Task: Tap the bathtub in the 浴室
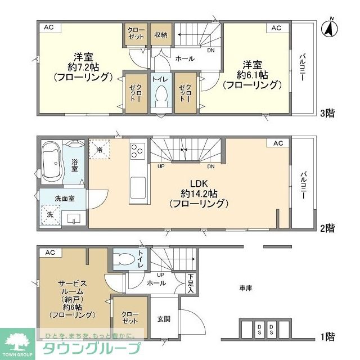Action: [x=52, y=163]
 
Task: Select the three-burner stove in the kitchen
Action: [x=138, y=151]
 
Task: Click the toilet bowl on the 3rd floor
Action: [x=161, y=95]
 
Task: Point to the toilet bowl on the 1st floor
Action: [x=124, y=259]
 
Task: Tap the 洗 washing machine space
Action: [x=51, y=215]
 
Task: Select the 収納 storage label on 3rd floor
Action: [x=161, y=35]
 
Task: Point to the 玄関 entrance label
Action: [x=164, y=319]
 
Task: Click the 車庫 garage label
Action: [x=246, y=288]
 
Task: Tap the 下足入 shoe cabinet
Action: [x=191, y=283]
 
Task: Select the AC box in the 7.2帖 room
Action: [x=50, y=28]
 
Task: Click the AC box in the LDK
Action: [x=278, y=143]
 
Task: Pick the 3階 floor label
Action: [x=327, y=113]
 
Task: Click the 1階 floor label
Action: [x=327, y=337]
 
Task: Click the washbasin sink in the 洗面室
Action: [x=74, y=219]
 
